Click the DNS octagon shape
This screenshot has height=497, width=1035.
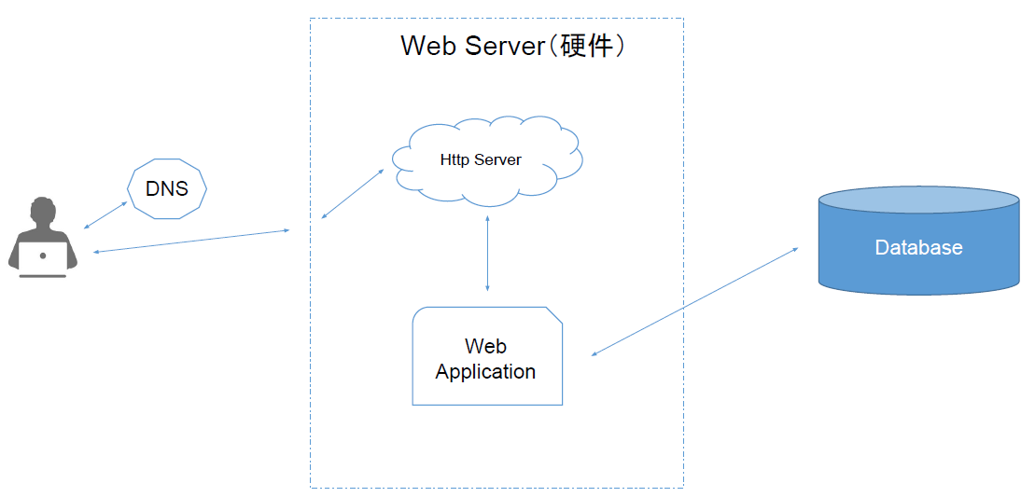coord(167,189)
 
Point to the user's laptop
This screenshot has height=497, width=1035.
coord(43,259)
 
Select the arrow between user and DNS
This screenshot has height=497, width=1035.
coord(105,214)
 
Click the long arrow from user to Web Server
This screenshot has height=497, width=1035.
coord(191,240)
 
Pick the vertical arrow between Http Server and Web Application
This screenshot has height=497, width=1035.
coord(487,253)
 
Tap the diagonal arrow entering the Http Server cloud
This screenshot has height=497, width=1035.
coord(353,194)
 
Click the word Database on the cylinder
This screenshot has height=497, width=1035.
coord(918,248)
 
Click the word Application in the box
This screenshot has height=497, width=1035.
coord(485,371)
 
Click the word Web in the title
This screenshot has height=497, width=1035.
coord(427,46)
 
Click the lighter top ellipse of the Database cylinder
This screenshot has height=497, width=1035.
coord(918,200)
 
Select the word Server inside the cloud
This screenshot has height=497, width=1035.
coord(497,159)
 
